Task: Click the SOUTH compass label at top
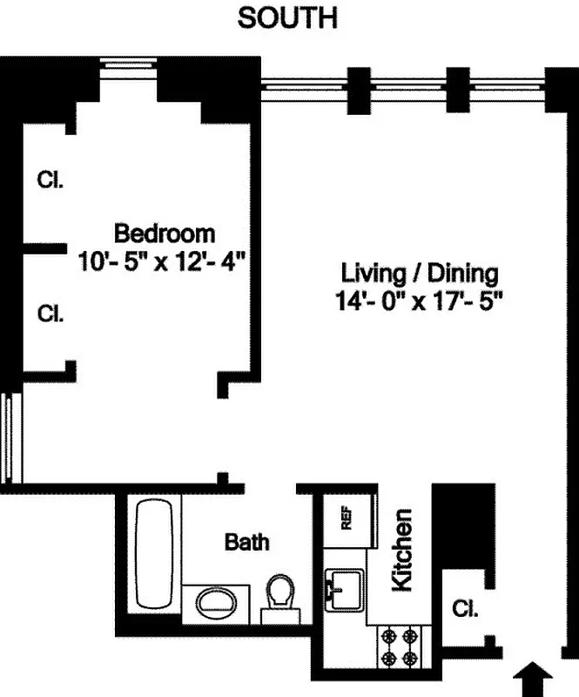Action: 287,17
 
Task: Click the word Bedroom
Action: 165,233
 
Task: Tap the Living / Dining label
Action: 420,274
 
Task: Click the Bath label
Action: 247,542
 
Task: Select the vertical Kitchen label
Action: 401,551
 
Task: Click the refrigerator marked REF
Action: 346,521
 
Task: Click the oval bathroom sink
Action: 215,602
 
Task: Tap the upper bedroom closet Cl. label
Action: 50,179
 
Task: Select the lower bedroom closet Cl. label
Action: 50,314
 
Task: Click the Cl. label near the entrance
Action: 466,609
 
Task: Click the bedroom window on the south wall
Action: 127,63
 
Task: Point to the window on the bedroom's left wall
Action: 8,438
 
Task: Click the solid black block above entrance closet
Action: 461,525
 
